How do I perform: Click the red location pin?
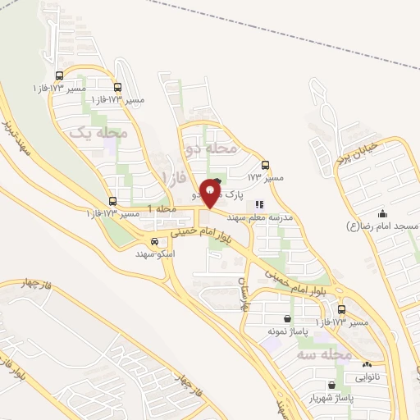click(211, 193)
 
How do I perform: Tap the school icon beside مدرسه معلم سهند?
click(259, 205)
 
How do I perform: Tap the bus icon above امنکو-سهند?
click(153, 241)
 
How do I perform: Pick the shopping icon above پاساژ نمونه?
click(287, 319)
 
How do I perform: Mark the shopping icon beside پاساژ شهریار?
click(331, 385)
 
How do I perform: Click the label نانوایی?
click(367, 377)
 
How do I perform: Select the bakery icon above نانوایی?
click(367, 365)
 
